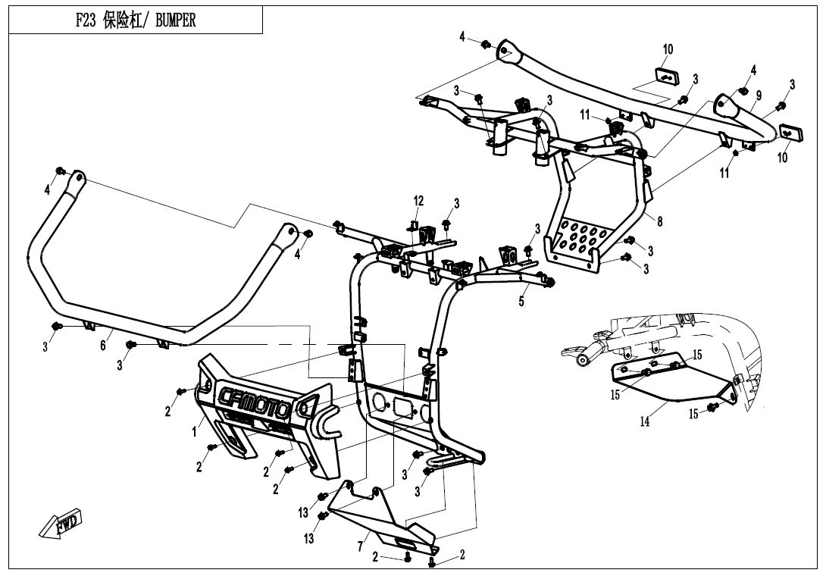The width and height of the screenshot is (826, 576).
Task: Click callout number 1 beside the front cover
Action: [x=194, y=431]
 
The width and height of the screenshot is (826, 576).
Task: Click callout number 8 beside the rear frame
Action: [x=659, y=222]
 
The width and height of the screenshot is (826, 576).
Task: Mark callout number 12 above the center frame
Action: [x=418, y=202]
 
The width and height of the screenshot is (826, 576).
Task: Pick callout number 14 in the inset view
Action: [x=645, y=422]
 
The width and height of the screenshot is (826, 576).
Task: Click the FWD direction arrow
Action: [x=60, y=524]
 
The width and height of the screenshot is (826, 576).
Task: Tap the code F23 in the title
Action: [x=86, y=21]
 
